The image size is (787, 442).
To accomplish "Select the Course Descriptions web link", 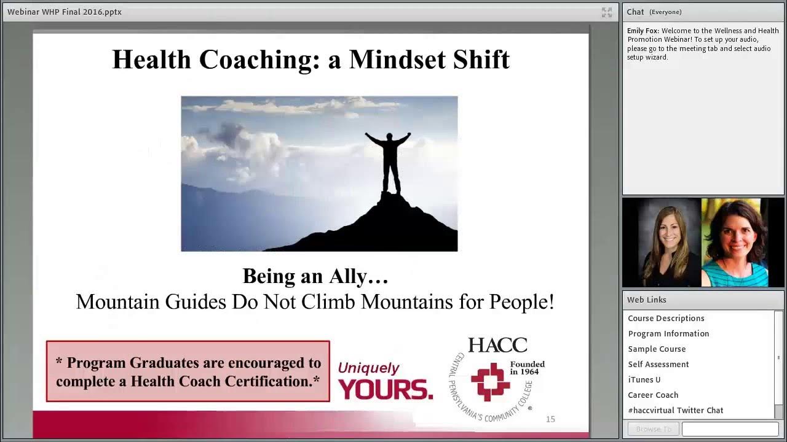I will [666, 318].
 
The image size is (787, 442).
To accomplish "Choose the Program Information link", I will [668, 333].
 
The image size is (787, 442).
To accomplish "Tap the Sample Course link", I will [657, 349].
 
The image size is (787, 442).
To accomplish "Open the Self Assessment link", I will [658, 364].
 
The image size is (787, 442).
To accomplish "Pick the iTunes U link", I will [644, 379].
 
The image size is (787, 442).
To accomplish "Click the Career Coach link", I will [653, 395].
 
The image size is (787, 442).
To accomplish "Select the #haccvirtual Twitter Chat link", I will [675, 410].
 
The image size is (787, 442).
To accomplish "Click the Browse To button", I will [653, 429].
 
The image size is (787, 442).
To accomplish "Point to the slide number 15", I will [550, 419].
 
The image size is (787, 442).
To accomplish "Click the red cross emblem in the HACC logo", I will [490, 381].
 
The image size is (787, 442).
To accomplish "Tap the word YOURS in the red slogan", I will [386, 389].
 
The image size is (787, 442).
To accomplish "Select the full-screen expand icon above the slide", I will [607, 12].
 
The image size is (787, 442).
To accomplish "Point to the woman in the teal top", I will [735, 246].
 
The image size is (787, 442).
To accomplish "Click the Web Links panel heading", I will [646, 300].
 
